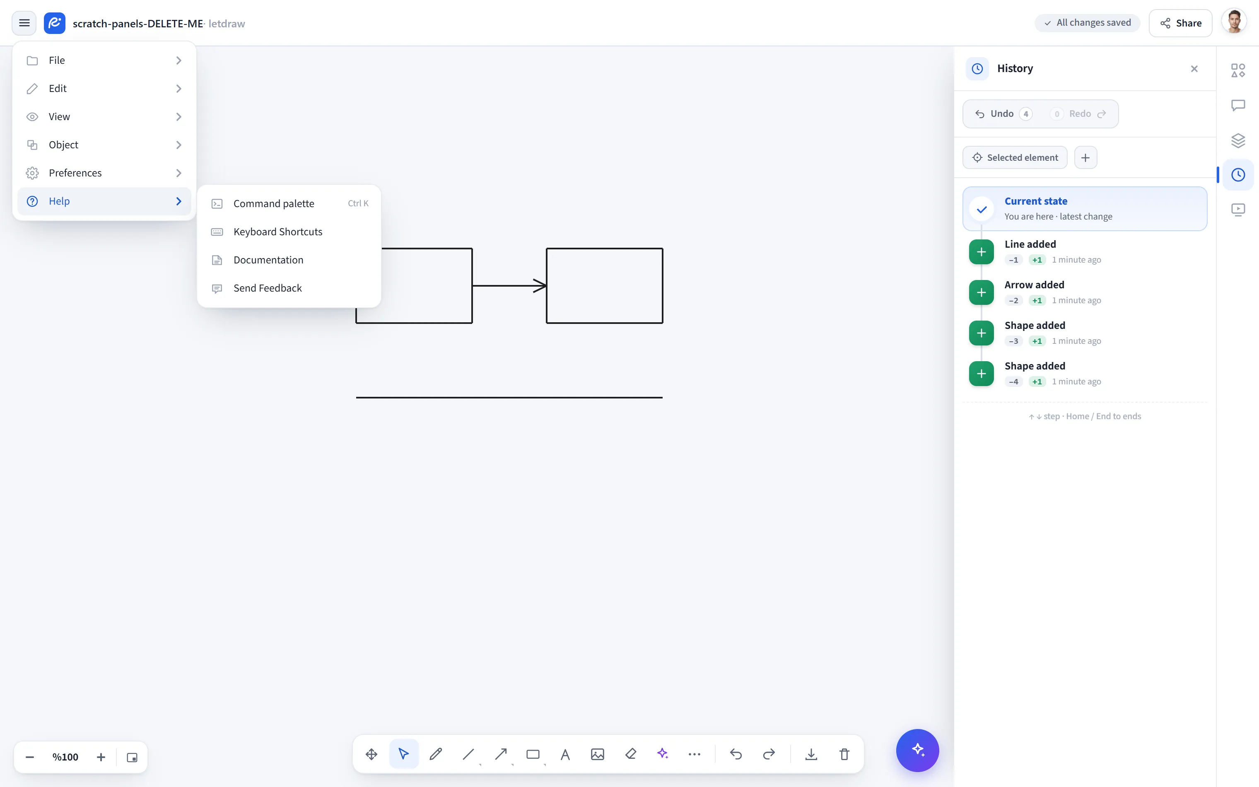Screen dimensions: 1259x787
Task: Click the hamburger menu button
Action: click(24, 23)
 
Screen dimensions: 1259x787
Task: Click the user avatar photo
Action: click(1234, 23)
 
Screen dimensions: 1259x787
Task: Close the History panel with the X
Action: click(1194, 69)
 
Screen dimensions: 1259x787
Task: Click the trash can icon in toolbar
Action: click(844, 754)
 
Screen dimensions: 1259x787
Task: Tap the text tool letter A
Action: click(565, 754)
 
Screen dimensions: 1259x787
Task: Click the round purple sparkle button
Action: click(917, 750)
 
